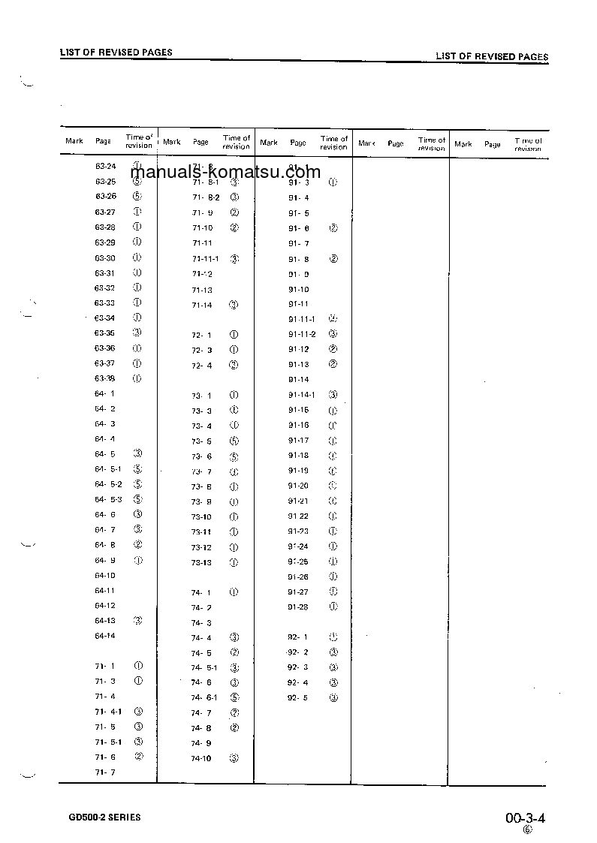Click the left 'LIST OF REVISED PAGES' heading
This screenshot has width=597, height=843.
pos(116,53)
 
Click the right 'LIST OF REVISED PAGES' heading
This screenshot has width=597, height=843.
pos(492,56)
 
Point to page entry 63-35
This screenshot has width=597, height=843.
pos(104,333)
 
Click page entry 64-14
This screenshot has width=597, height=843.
pos(104,636)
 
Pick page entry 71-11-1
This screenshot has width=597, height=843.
pos(205,259)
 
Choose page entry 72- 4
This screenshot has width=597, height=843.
pos(201,366)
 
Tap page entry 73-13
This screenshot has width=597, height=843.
pos(201,562)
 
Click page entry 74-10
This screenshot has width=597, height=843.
pos(201,759)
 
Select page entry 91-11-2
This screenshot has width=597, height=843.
pos(302,334)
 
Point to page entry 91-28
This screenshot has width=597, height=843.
pos(298,607)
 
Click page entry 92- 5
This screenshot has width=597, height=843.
pos(297,697)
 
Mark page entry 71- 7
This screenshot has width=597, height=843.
pos(104,772)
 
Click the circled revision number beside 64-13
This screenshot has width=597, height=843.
pos(137,621)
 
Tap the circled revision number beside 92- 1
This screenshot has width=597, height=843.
pos(333,637)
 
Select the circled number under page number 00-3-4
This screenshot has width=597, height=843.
pos(527,829)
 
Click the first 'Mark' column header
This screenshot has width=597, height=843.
pos(74,141)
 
